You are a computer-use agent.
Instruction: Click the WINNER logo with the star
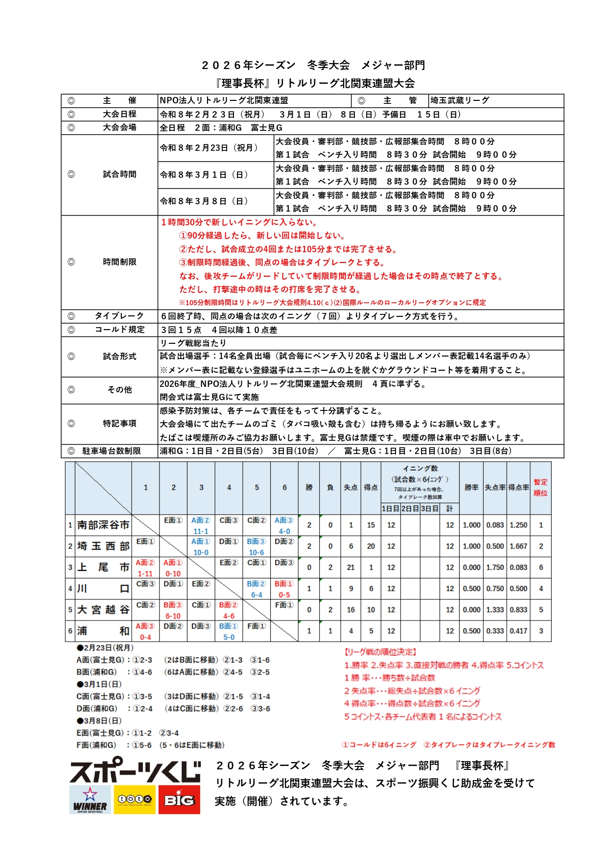tap(91, 799)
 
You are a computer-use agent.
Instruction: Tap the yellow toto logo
tap(135, 799)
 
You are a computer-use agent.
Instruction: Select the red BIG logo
tap(179, 799)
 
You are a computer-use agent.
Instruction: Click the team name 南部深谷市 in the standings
tap(103, 525)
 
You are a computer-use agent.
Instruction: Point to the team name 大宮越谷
tap(103, 610)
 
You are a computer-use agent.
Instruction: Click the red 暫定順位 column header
tap(540, 488)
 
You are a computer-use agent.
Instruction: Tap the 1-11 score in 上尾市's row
tap(145, 573)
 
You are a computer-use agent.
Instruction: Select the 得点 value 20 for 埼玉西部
tap(371, 546)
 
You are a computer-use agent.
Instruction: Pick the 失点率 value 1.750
tap(495, 567)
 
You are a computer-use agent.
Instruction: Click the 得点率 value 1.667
tap(518, 546)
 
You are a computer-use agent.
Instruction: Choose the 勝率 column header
tap(471, 487)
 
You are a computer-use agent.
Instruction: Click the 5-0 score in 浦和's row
tap(229, 637)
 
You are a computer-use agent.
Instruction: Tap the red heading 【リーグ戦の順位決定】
tap(380, 652)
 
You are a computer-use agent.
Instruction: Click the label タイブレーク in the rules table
tap(119, 316)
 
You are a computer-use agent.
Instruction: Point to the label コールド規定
tap(119, 330)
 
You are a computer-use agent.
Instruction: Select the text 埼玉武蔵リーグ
tap(460, 100)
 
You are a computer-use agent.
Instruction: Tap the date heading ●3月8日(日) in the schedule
tap(99, 720)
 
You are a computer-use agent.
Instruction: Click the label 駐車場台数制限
tap(112, 451)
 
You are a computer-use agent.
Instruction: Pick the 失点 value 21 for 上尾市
tap(350, 567)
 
